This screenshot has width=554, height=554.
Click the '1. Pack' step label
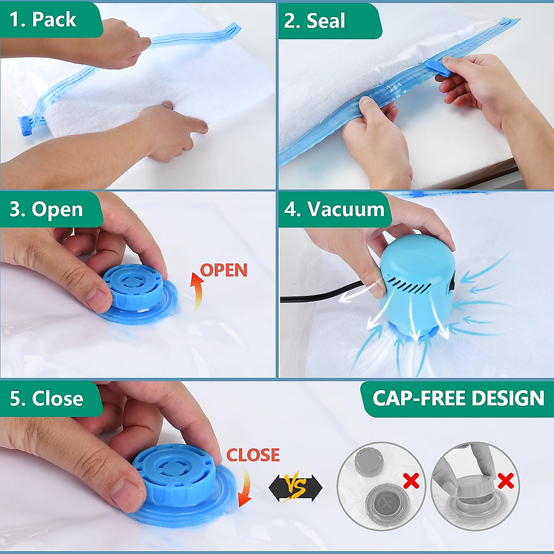43,19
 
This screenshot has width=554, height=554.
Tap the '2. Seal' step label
315,21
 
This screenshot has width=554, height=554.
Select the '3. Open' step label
46,209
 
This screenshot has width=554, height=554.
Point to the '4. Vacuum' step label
334,209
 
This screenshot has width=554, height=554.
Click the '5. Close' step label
47,398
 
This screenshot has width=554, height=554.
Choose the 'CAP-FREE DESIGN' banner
458,398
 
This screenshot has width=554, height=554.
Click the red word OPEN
224,270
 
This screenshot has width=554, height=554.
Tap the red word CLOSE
253,455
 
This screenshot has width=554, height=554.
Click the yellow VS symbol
295,487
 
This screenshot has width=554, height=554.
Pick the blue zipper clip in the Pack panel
25,126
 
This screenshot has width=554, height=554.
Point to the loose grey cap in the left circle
368,460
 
